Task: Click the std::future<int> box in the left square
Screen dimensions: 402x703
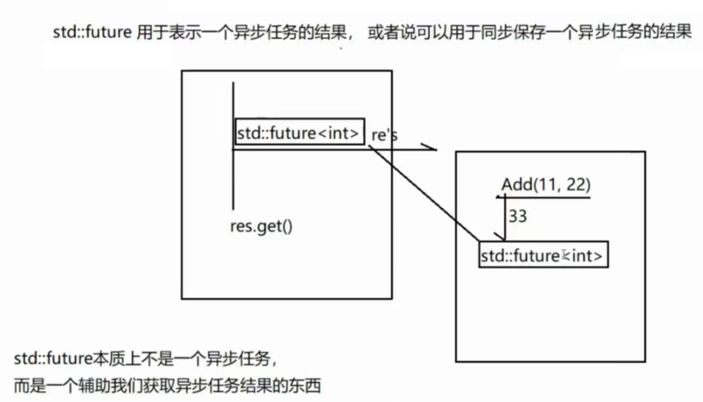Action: pos(299,133)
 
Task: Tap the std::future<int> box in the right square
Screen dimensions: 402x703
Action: pos(544,255)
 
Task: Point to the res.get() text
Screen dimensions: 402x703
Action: pos(261,225)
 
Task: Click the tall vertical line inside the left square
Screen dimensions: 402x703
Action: pos(233,147)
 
